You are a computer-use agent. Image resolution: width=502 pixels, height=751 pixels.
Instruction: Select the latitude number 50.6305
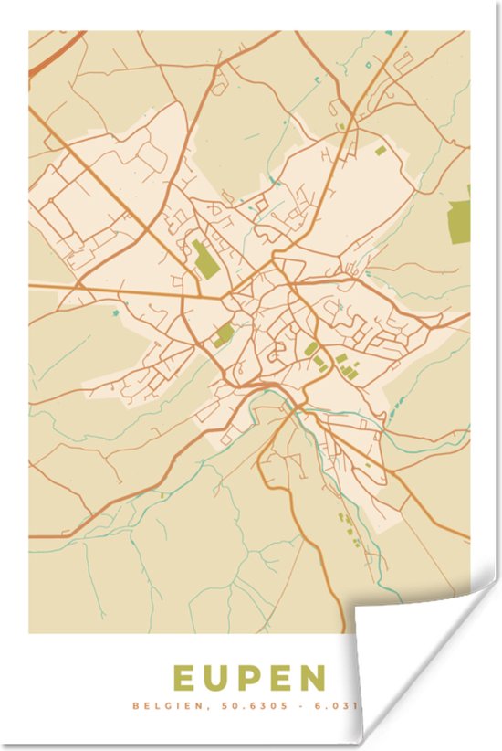pyautogui.click(x=244, y=705)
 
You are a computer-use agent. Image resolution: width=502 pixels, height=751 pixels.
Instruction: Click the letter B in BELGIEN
pyautogui.click(x=135, y=705)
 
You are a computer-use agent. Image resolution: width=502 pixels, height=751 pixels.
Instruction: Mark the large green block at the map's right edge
pyautogui.click(x=458, y=220)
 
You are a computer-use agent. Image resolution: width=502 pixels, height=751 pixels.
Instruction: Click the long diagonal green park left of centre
pyautogui.click(x=206, y=258)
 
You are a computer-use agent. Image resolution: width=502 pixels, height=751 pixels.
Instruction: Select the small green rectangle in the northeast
pyautogui.click(x=380, y=149)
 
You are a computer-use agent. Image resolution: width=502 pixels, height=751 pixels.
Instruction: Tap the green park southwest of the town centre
pyautogui.click(x=223, y=334)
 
